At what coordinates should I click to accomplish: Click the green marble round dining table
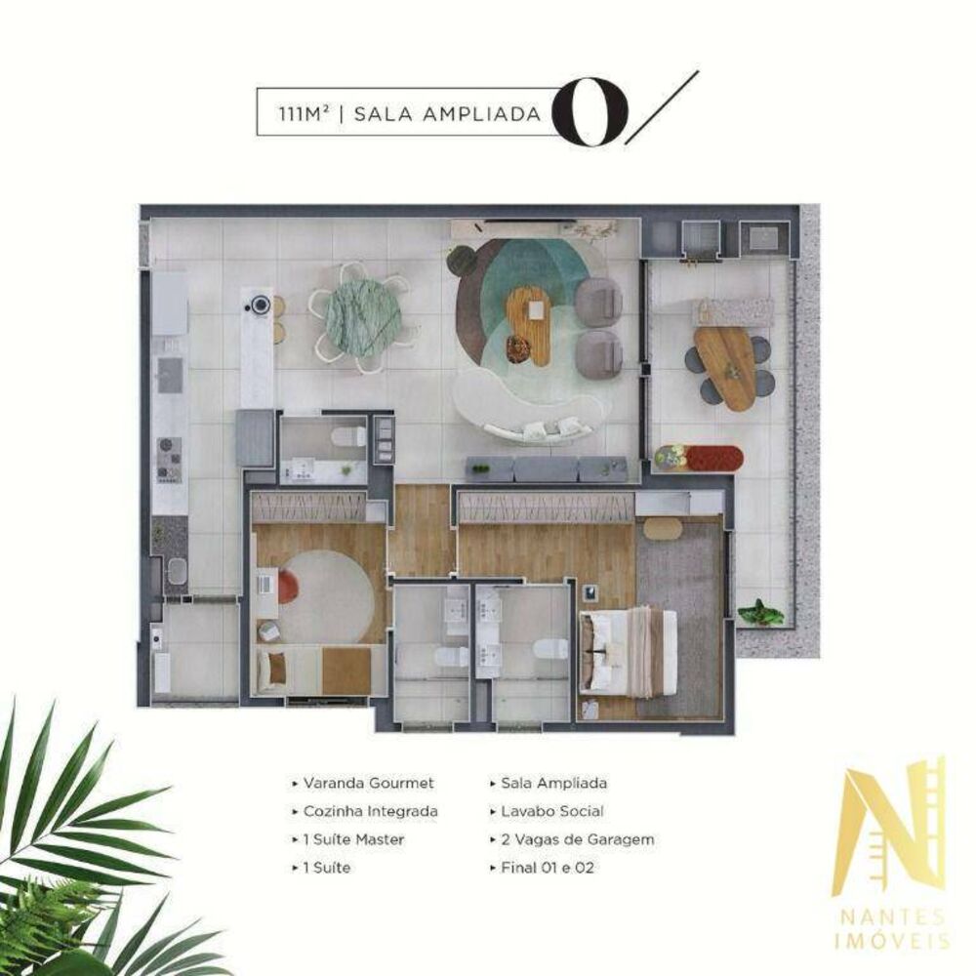(362, 318)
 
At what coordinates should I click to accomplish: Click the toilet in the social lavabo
(347, 435)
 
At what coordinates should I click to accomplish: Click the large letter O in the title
(586, 112)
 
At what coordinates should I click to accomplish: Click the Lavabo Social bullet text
(551, 811)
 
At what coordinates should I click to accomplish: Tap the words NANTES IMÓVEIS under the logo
(889, 927)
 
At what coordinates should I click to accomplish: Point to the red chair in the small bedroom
(287, 587)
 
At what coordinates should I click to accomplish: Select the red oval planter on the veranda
(700, 457)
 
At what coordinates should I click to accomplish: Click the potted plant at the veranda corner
(760, 614)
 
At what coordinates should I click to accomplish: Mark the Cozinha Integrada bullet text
(370, 811)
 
